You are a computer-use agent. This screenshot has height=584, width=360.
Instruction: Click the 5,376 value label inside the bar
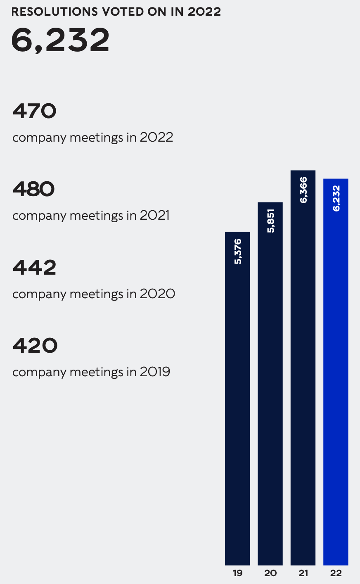point(238,252)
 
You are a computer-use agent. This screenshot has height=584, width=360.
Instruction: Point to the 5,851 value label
point(270,221)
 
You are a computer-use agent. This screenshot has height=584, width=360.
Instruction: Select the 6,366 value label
point(303,190)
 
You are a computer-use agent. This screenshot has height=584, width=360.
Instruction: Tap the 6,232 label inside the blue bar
point(336,198)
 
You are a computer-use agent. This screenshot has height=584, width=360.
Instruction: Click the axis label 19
point(237,573)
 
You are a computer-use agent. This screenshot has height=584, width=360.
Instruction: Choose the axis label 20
point(270,573)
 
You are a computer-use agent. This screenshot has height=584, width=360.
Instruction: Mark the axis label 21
point(303,573)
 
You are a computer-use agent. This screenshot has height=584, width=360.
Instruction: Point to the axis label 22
point(336,573)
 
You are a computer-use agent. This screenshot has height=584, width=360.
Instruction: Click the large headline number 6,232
point(60,40)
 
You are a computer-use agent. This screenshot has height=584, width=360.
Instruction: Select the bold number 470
point(34,111)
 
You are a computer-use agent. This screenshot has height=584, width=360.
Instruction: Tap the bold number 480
point(34,190)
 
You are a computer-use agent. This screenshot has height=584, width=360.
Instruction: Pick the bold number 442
point(34,268)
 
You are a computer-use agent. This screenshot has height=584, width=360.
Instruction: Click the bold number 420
point(35,346)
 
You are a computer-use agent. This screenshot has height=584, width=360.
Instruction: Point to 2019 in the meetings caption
point(155,372)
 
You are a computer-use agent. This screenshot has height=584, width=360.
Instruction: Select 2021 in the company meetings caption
point(154,216)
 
